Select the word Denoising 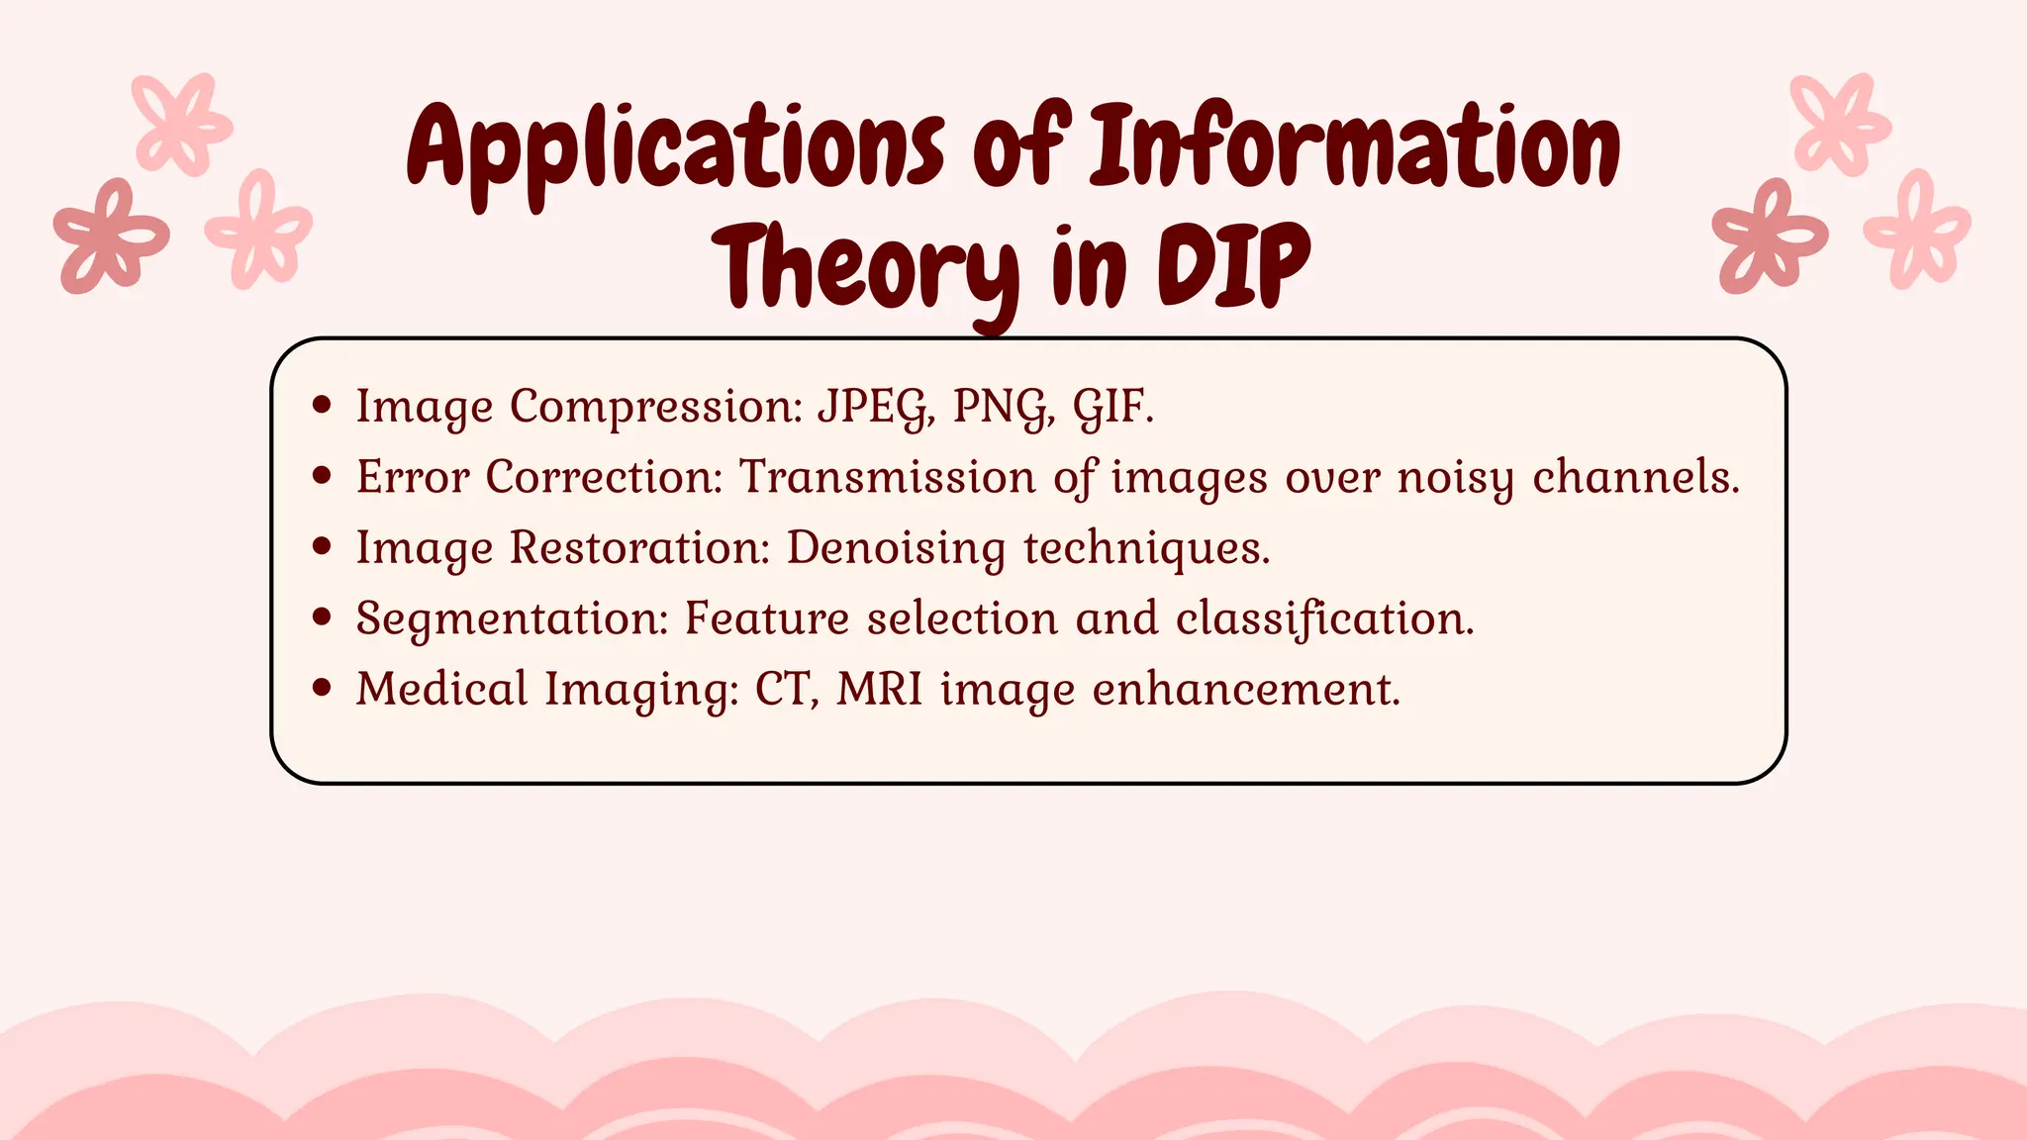tap(895, 548)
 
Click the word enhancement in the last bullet tap(1246, 689)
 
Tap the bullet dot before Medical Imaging tap(321, 688)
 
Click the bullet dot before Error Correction tap(321, 476)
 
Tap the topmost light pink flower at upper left tap(181, 123)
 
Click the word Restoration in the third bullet tap(639, 548)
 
